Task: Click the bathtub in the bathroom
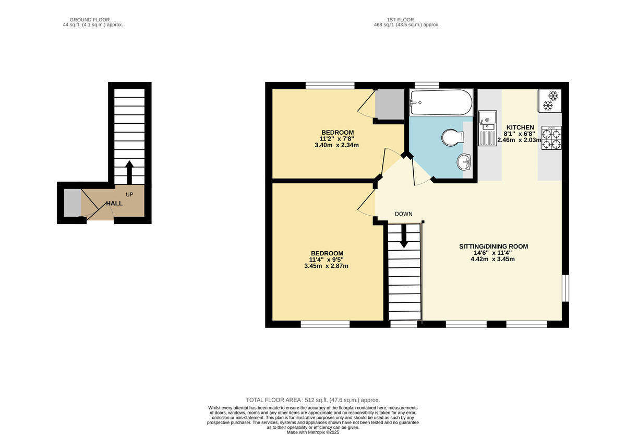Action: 441,102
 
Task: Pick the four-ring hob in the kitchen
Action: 552,139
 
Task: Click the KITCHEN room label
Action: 520,127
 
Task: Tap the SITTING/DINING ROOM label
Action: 493,246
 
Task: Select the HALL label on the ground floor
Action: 115,203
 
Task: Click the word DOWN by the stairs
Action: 404,214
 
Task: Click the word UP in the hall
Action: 129,195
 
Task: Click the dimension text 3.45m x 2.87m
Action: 326,266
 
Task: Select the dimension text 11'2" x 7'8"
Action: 337,139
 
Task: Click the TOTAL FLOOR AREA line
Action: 312,399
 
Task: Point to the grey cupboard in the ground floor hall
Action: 72,203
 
